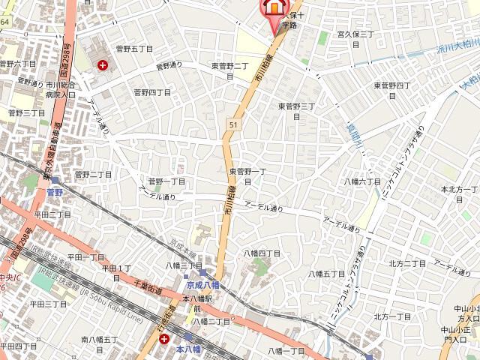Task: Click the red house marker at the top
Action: point(273,7)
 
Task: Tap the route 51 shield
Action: point(233,124)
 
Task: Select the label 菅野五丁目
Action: point(135,48)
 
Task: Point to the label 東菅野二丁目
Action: point(230,70)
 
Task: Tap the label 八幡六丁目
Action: point(363,181)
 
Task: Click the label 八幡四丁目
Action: point(262,253)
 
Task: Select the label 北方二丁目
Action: point(407,263)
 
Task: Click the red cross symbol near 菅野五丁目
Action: point(102,65)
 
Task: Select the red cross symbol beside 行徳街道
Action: point(164,339)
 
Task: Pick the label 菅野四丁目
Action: point(152,92)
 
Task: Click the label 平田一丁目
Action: point(86,257)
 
